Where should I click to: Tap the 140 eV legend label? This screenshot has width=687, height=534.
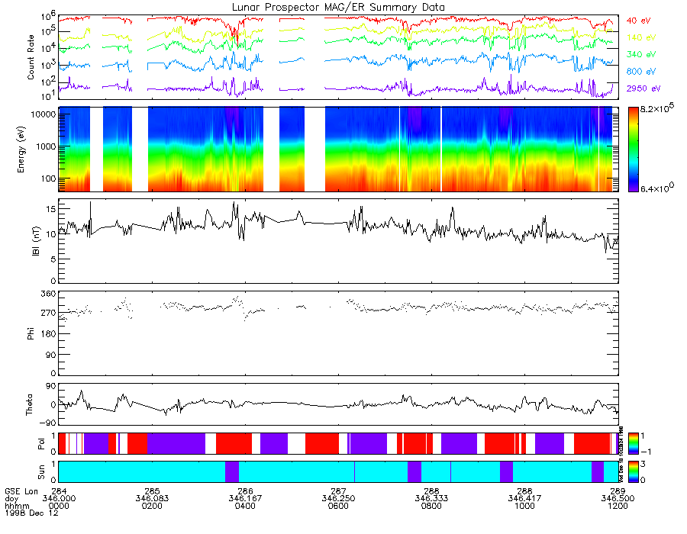[x=641, y=37]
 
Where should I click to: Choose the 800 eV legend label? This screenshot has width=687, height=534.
[x=641, y=71]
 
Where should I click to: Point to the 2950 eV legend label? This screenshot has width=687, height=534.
[x=643, y=88]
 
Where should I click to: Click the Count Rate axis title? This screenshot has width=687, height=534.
[x=31, y=58]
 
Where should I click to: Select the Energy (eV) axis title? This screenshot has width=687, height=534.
[x=31, y=150]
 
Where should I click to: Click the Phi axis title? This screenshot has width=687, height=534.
[x=31, y=334]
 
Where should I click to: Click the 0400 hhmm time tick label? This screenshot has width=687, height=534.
[x=245, y=505]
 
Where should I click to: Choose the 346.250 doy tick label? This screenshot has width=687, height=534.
[x=338, y=497]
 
